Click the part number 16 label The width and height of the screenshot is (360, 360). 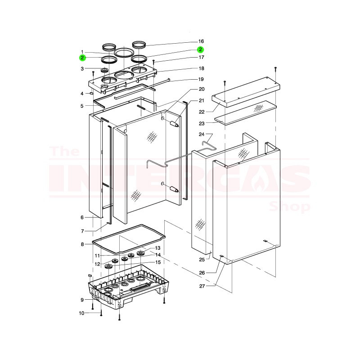201,41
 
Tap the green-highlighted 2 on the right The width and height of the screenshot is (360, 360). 200,49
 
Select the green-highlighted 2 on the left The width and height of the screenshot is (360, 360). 82,58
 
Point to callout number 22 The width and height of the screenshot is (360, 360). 202,112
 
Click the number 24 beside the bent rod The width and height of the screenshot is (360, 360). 202,134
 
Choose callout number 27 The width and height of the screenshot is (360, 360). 202,286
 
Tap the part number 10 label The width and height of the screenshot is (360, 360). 82,313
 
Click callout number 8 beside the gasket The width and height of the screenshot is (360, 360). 82,244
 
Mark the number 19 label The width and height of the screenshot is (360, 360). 201,79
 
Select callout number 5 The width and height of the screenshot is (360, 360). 82,106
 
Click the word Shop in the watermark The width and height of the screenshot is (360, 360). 289,207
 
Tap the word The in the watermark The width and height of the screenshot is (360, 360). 65,151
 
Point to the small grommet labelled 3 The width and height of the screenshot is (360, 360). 105,70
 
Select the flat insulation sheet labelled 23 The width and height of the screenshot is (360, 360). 245,113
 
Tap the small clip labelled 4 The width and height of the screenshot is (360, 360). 91,94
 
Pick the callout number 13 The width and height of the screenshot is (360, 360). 158,248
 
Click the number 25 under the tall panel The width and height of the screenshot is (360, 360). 202,260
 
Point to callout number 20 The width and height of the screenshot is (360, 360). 202,89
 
